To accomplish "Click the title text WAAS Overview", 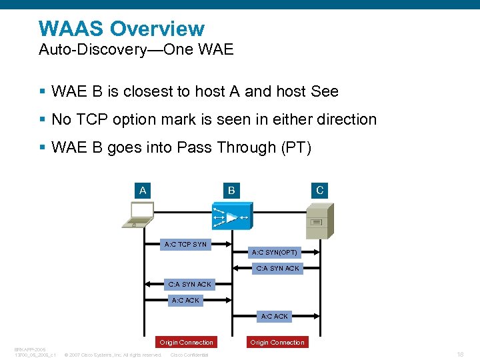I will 121,29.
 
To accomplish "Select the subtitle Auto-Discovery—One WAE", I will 136,50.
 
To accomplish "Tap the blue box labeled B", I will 231,191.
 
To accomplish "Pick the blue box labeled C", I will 320,191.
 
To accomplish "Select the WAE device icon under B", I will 231,218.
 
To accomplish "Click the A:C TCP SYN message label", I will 185,245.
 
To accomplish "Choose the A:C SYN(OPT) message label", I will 274,253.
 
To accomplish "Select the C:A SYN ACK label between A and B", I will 189,285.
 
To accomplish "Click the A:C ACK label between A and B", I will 185,301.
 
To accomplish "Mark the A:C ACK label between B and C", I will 274,317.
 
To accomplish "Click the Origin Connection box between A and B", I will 186,343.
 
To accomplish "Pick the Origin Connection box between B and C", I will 277,343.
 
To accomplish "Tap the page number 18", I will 460,355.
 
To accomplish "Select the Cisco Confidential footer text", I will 189,355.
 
